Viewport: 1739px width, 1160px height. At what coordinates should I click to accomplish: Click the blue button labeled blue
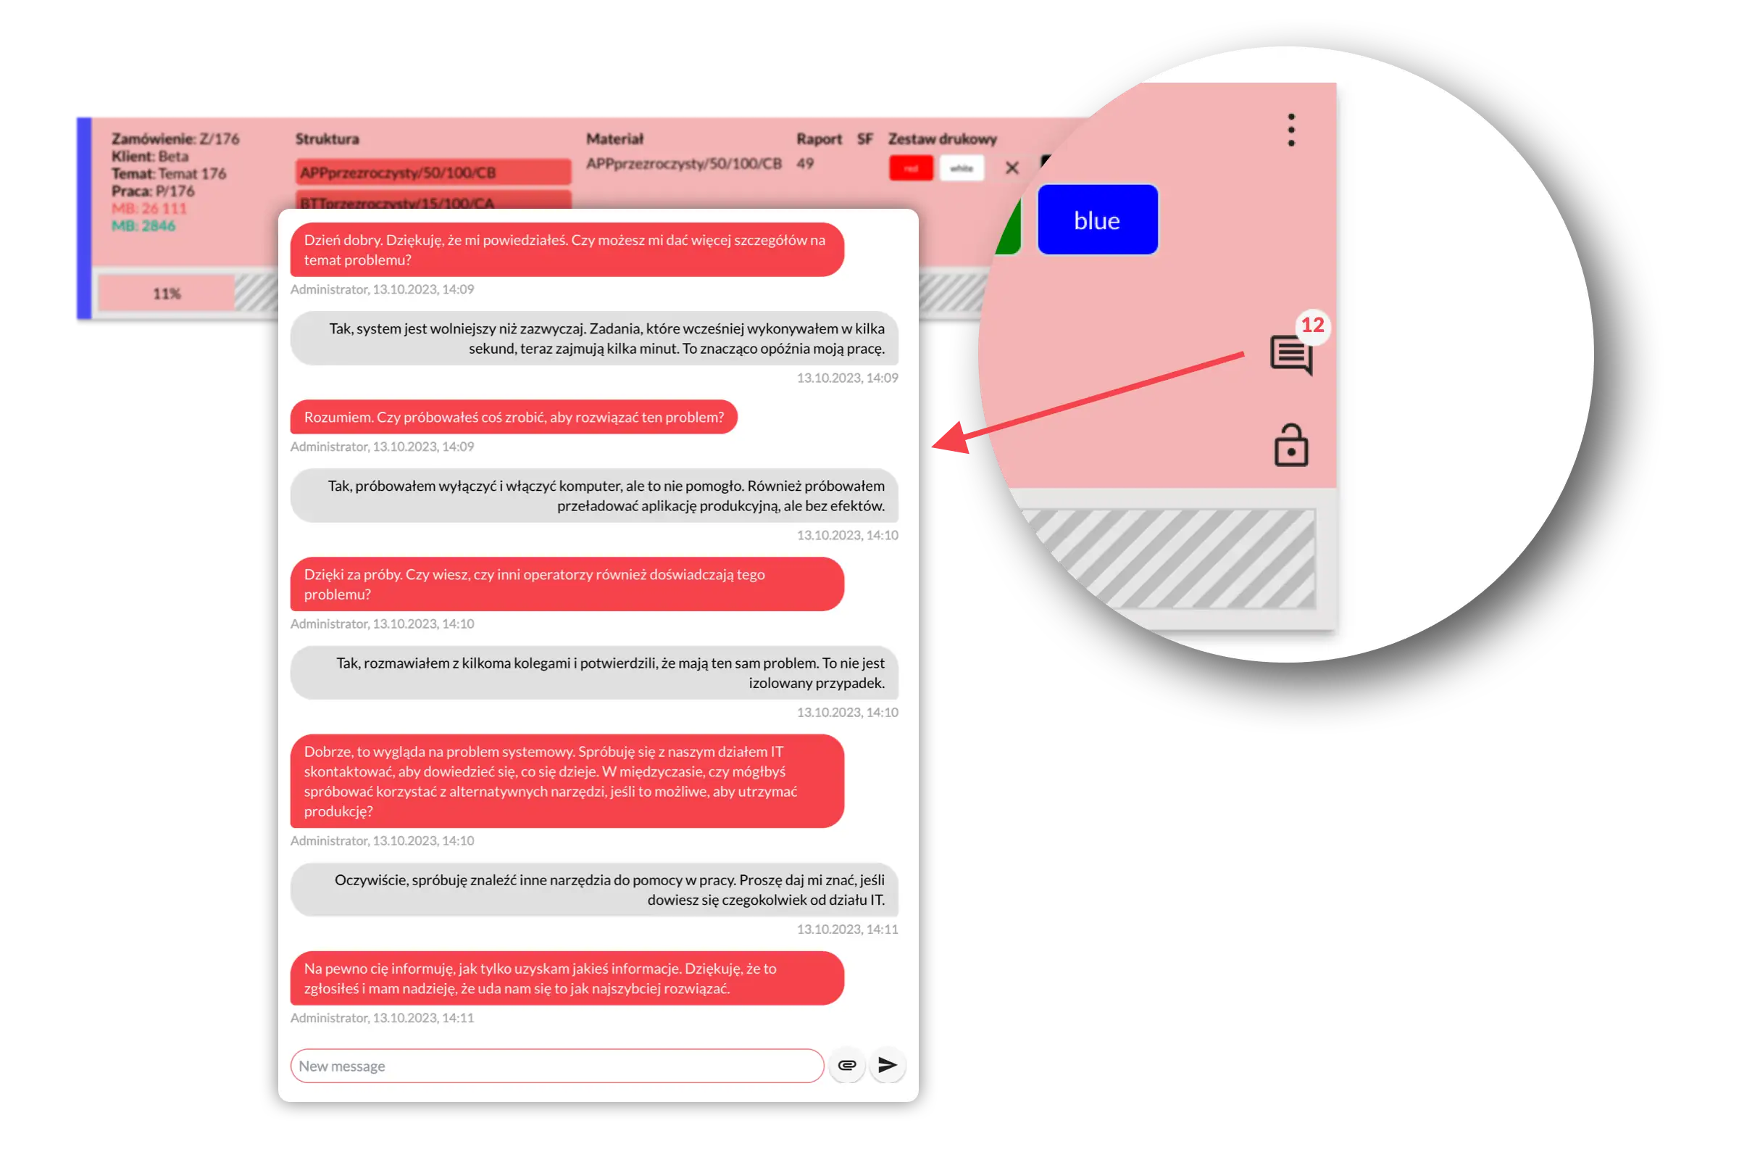[1097, 220]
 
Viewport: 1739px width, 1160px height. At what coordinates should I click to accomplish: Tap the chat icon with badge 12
[1291, 355]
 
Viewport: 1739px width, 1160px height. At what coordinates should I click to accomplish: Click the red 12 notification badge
[1312, 325]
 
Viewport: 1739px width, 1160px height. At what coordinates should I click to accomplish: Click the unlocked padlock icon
[1291, 445]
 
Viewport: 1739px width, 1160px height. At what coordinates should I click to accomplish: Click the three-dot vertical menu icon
[1291, 130]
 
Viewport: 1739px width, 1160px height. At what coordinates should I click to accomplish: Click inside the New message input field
[556, 1065]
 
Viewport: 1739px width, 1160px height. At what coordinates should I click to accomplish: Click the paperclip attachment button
[846, 1065]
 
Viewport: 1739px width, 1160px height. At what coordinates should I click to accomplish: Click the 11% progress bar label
[167, 294]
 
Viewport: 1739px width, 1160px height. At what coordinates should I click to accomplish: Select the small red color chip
[910, 169]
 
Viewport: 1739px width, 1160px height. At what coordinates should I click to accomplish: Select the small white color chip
[962, 169]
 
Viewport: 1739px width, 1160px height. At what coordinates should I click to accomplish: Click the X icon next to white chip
[1012, 169]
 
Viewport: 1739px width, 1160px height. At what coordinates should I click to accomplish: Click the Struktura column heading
[327, 139]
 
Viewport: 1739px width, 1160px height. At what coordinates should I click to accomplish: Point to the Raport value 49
[805, 164]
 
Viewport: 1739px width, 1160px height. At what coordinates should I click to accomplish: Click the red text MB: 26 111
[149, 209]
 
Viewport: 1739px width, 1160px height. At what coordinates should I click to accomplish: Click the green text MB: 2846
[143, 225]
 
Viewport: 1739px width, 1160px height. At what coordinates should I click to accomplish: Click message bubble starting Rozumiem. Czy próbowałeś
[513, 418]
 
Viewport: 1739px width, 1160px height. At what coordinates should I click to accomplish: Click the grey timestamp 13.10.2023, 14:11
[846, 929]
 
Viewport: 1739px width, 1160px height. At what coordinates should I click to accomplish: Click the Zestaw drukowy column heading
[942, 139]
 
